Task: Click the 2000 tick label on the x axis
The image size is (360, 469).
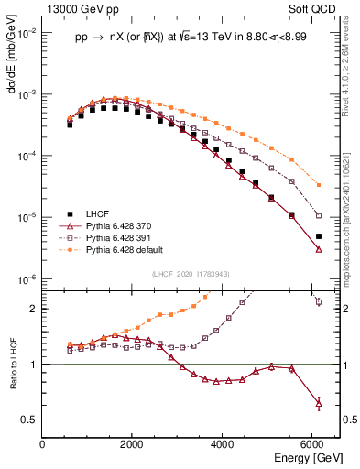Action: tap(133, 445)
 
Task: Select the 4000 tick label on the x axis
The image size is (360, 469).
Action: tap(223, 445)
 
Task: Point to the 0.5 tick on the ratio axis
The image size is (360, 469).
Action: tap(30, 420)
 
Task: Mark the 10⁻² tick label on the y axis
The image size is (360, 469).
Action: tap(27, 33)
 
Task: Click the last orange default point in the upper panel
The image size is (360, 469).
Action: tap(319, 185)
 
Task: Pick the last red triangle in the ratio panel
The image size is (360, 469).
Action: tap(319, 402)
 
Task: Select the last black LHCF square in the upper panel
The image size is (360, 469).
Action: tap(319, 236)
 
